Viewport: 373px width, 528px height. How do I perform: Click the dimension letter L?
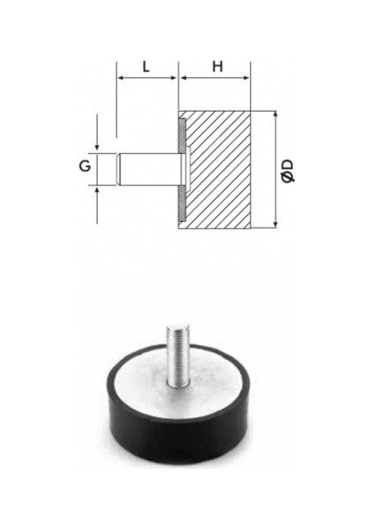pos(145,67)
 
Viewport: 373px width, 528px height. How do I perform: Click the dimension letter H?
pos(217,67)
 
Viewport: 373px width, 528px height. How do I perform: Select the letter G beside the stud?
pos(84,166)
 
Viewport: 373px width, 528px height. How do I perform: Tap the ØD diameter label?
pos(288,171)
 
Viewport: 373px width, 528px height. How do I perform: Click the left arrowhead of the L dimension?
pos(120,78)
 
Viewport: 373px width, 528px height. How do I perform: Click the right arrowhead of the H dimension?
pos(246,78)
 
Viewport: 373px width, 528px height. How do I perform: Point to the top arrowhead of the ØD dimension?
pos(275,114)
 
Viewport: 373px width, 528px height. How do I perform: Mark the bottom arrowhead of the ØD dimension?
pos(275,224)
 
